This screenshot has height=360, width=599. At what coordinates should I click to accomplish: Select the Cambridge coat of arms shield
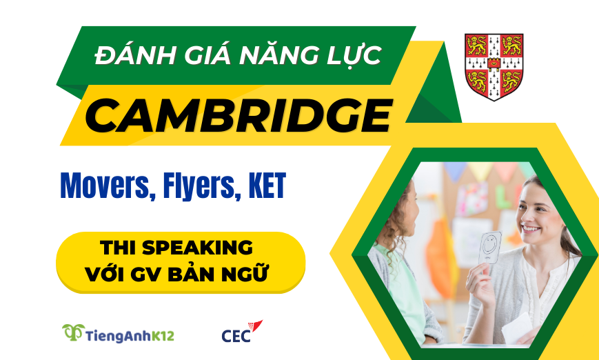[x=494, y=66]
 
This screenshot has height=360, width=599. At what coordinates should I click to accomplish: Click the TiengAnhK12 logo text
[x=130, y=336]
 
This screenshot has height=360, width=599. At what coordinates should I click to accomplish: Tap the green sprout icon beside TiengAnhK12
[x=72, y=332]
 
